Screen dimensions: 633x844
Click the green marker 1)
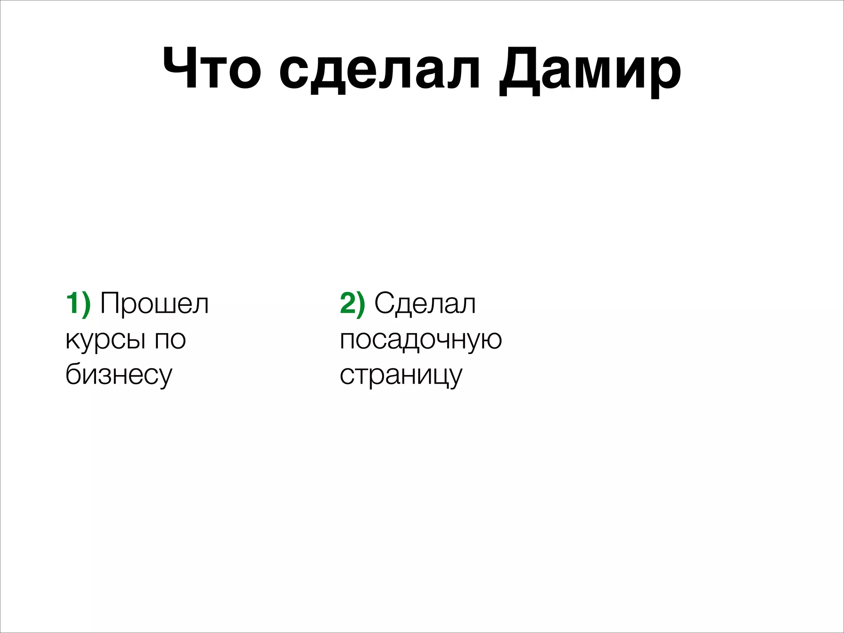click(x=78, y=304)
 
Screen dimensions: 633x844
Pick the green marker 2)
click(x=352, y=304)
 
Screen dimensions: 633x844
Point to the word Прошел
click(x=155, y=304)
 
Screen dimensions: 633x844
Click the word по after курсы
click(x=170, y=340)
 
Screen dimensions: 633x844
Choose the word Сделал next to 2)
click(x=425, y=304)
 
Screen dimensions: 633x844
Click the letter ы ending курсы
click(x=136, y=340)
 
